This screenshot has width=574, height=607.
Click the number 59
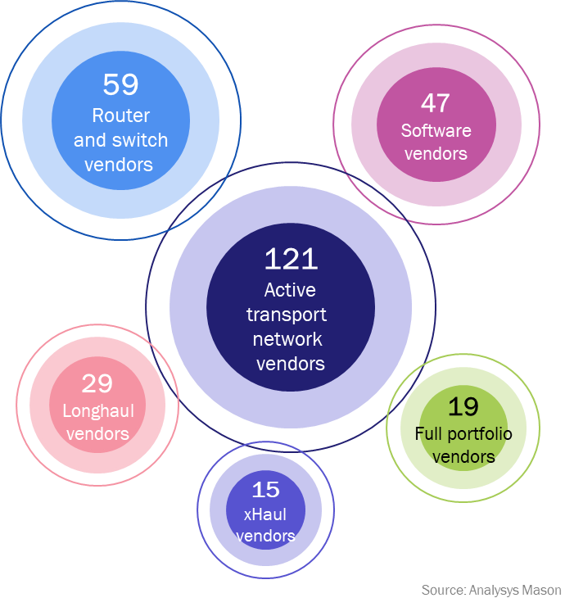coord(120,84)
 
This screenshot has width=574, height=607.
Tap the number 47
coord(436,102)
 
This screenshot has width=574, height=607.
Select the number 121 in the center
coord(290,259)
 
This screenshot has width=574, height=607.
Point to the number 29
coord(97,383)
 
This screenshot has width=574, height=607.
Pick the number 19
coord(463,406)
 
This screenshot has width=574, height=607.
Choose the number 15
coord(265,490)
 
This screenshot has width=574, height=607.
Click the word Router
coord(120,116)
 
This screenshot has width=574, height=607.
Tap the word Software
coord(436,131)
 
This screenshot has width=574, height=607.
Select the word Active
coord(290,290)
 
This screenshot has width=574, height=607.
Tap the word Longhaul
coord(98,411)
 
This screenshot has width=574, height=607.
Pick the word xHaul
coord(265,515)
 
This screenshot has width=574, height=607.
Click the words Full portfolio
coord(463,434)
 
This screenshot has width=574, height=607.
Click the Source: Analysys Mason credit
coord(491,590)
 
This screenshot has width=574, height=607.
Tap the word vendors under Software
coord(436,153)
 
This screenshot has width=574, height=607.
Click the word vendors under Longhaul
coord(97,433)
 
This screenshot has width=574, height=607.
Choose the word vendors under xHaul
coord(265,537)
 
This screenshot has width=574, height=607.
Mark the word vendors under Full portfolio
coord(463,456)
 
